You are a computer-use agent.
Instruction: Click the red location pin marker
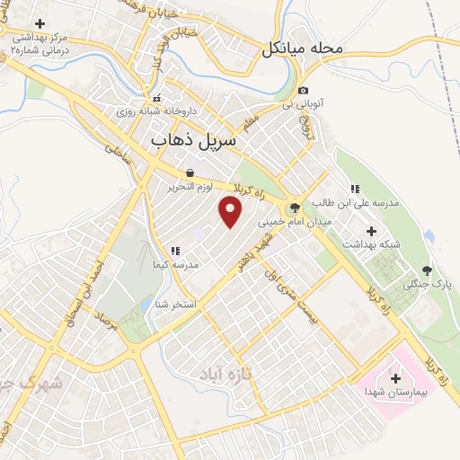point(231,212)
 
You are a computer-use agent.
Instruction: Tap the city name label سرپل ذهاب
point(193,141)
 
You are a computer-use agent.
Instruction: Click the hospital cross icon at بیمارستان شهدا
point(395,378)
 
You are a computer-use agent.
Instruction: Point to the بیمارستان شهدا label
point(394,393)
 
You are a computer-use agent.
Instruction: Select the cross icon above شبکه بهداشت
point(371,231)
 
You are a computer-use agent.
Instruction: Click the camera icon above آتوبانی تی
point(304,90)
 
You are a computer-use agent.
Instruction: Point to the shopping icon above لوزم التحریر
point(190,173)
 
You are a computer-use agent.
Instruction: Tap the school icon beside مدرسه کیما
point(174,251)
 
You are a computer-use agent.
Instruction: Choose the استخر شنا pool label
point(175,304)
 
